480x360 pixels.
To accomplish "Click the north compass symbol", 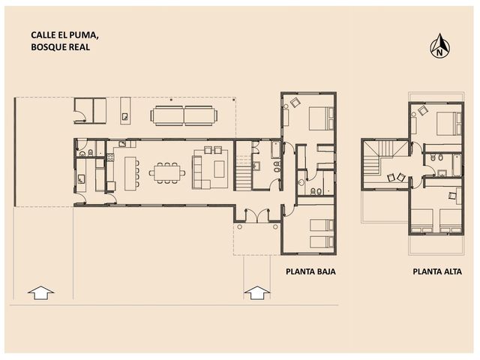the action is [440, 46].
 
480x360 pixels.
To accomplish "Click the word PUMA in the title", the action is [85, 35].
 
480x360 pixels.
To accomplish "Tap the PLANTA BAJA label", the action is [310, 271].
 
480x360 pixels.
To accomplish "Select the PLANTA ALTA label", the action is [437, 271].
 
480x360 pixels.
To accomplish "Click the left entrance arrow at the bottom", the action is [40, 292].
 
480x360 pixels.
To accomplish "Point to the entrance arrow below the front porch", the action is [257, 292].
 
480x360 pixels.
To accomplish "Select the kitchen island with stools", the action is [132, 173].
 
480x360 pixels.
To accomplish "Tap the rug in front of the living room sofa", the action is [219, 169].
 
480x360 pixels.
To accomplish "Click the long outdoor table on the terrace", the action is [184, 115].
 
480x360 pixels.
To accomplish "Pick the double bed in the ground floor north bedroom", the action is [321, 118].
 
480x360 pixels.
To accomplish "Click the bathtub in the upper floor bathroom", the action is [457, 165].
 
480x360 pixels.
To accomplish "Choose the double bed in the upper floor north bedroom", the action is [448, 123].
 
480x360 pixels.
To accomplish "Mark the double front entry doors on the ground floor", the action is [257, 215].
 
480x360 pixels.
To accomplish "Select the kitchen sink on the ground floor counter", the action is [122, 143].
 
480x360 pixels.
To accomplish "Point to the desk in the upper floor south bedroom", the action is [458, 196].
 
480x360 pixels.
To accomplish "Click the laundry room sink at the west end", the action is [81, 178].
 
